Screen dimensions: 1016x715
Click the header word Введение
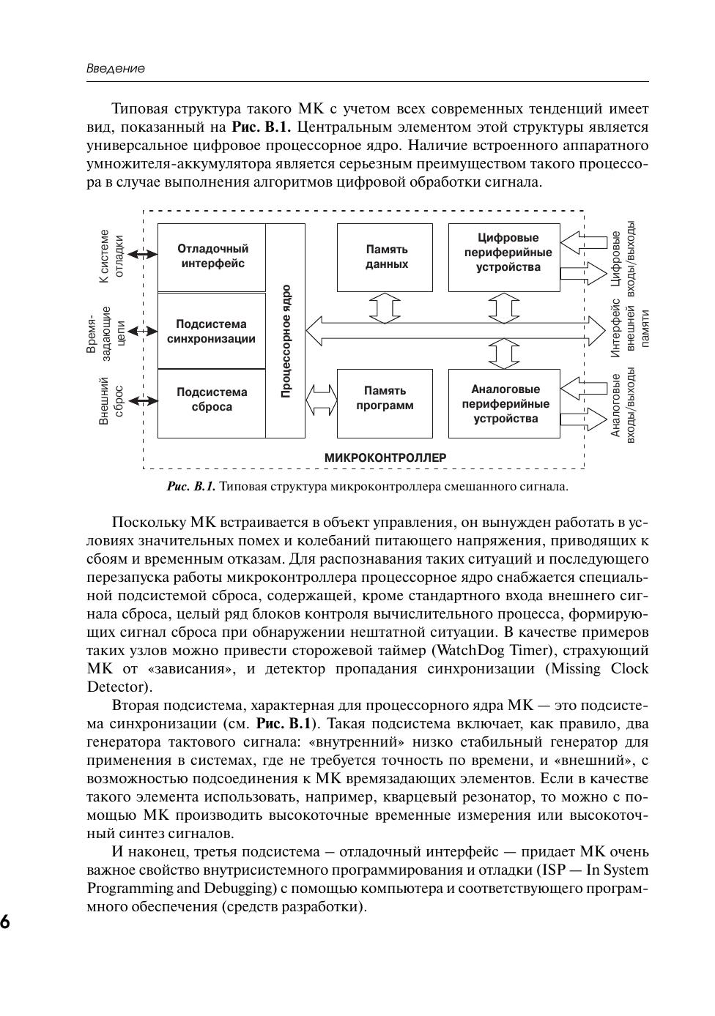(116, 68)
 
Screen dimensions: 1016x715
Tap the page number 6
(5, 922)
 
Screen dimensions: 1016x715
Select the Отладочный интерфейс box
(212, 256)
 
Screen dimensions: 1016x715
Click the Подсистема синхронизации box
(212, 331)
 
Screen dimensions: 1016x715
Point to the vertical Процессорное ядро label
(286, 341)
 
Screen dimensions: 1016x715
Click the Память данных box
(385, 257)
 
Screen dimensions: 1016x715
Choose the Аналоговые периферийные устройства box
(505, 404)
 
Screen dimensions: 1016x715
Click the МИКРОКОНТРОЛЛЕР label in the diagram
(385, 457)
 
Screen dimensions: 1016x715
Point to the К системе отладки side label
(111, 255)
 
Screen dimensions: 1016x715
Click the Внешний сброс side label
(111, 400)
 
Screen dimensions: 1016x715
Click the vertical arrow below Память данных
(385, 307)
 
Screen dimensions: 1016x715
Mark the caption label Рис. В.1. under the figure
(191, 486)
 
